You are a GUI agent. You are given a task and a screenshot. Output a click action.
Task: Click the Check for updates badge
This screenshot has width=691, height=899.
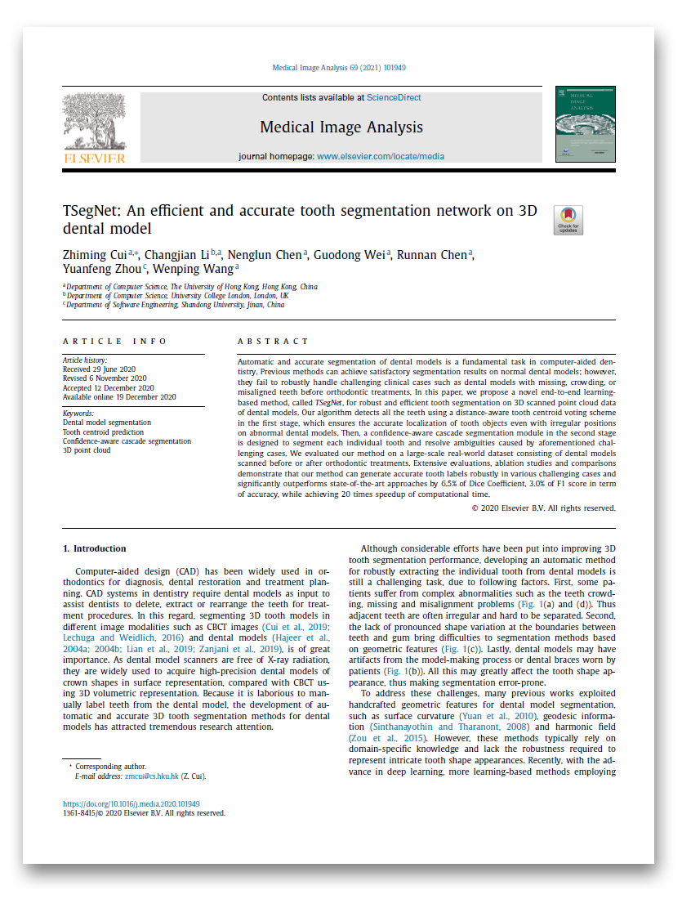pos(568,220)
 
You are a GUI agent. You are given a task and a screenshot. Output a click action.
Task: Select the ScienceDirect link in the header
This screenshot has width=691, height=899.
pos(394,97)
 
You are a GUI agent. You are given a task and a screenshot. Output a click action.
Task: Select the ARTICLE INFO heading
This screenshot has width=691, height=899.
pos(115,341)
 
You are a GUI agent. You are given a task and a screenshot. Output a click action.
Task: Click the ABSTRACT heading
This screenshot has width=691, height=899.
pos(273,341)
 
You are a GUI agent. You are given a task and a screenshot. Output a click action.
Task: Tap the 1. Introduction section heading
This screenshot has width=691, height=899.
pos(95,548)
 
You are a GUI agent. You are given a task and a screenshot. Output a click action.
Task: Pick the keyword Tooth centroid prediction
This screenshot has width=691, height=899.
pos(103,432)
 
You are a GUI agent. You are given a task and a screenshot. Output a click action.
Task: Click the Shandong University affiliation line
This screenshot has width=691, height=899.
pos(175,305)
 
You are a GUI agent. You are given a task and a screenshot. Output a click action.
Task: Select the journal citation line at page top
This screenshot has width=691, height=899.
pos(339,68)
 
